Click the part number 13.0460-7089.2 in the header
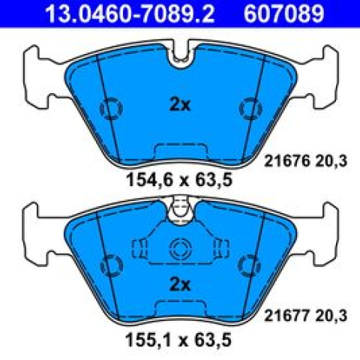coord(130,13)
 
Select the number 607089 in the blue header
coord(283,13)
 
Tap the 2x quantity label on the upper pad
coord(180,105)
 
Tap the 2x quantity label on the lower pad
coord(180,284)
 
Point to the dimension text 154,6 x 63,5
coord(180,180)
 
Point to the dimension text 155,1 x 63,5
coord(178,340)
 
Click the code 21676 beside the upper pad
coord(287,160)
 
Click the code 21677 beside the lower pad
coord(287,316)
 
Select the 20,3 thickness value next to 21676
coord(331,161)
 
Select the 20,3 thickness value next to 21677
coord(331,316)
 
